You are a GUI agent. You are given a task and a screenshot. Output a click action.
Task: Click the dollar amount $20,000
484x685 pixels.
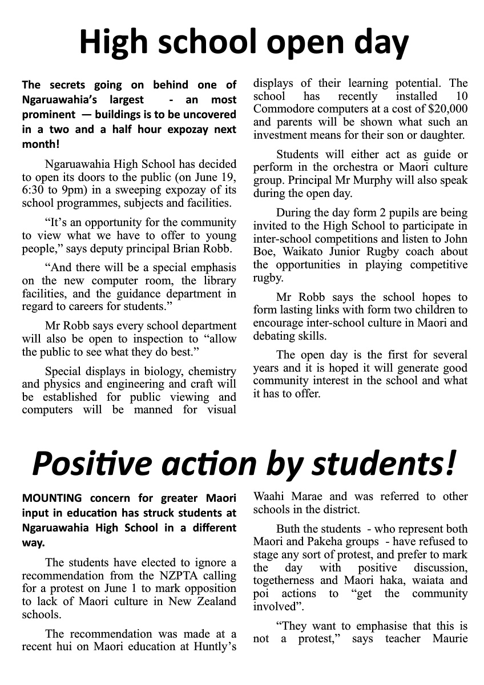click(x=439, y=109)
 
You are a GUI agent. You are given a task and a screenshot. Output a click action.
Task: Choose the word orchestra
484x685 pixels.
click(x=349, y=168)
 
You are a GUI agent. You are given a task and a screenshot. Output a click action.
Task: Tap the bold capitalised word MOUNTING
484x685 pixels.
click(x=52, y=498)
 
